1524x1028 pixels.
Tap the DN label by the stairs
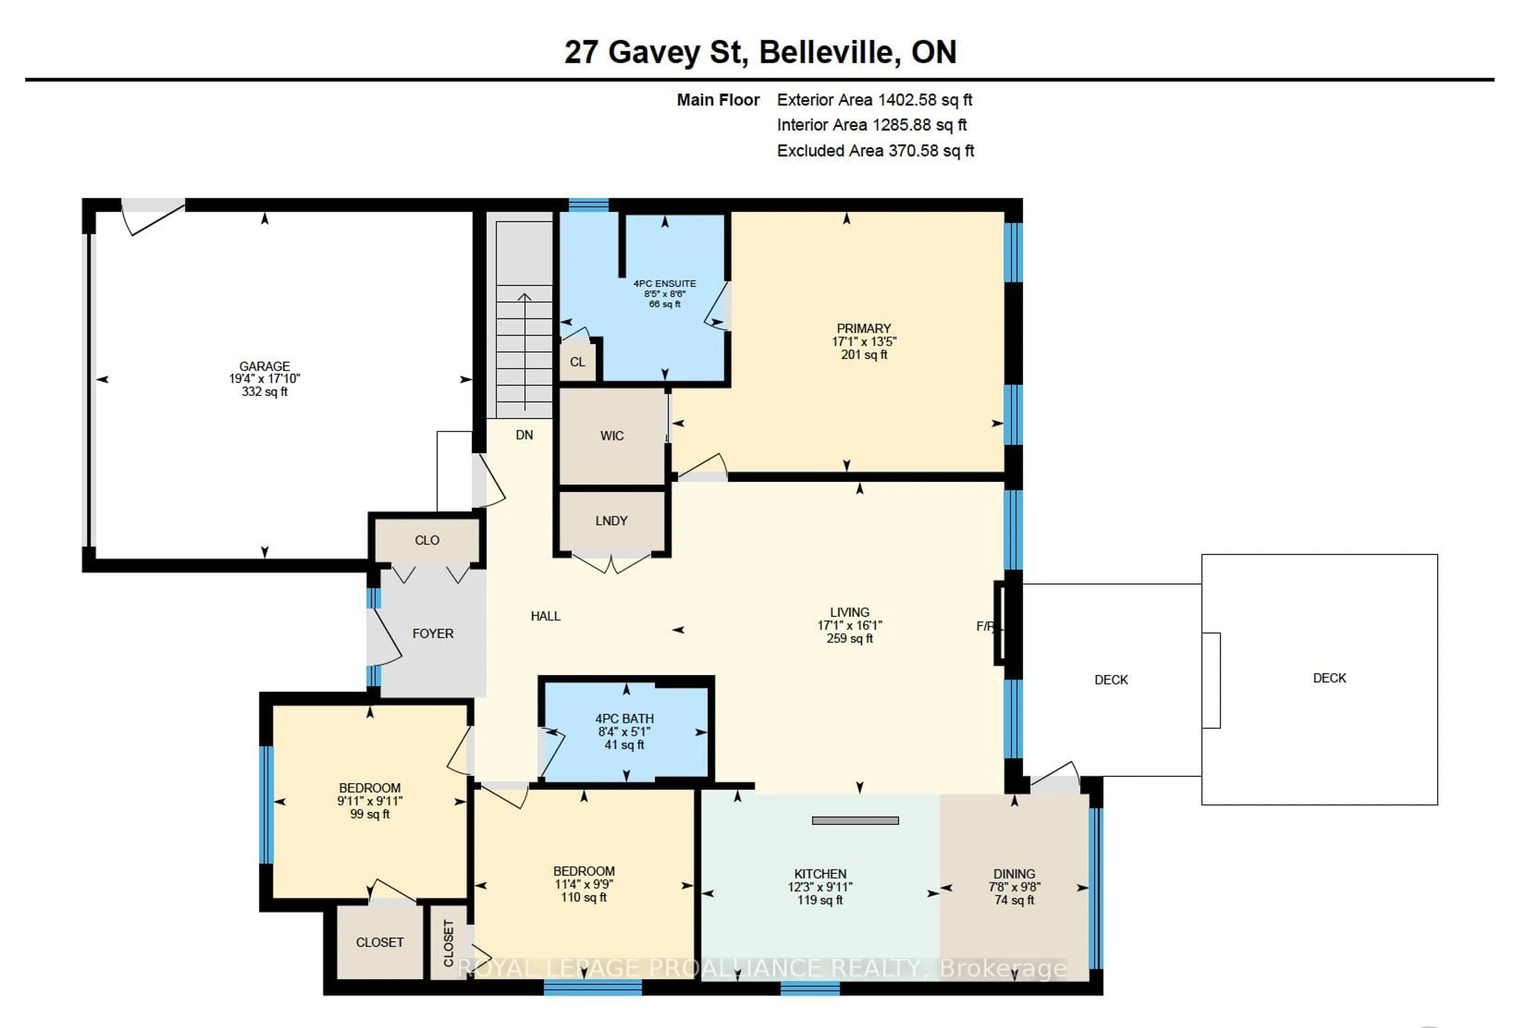524,435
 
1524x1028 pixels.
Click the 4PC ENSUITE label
664,284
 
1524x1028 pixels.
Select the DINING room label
1014,874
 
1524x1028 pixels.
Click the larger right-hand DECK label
1329,678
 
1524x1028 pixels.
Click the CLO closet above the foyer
427,541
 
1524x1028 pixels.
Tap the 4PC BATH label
624,719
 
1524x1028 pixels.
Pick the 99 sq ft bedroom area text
370,814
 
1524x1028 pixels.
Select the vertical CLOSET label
448,943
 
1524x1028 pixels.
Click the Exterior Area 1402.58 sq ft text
874,100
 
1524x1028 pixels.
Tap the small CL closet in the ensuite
577,362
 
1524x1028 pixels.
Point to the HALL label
545,616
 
